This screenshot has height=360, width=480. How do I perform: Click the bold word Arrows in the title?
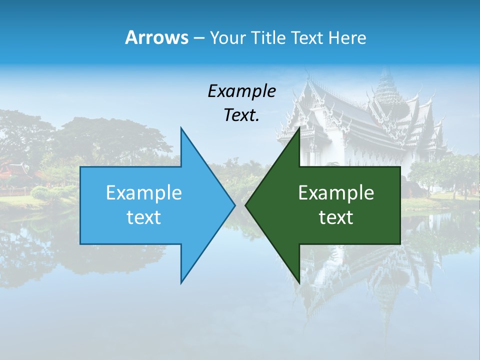pyautogui.click(x=156, y=37)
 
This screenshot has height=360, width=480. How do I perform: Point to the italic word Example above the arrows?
pyautogui.click(x=241, y=91)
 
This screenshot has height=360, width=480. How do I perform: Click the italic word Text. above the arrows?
pyautogui.click(x=241, y=115)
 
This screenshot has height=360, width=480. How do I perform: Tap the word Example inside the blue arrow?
pyautogui.click(x=144, y=193)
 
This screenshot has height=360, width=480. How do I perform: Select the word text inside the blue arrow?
pyautogui.click(x=144, y=217)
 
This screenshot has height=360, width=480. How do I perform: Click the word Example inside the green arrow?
pyautogui.click(x=336, y=193)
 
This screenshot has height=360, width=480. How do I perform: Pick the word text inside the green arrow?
pyautogui.click(x=336, y=217)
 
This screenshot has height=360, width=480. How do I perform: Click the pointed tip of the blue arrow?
pyautogui.click(x=234, y=205)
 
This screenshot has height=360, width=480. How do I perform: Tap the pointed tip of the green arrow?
pyautogui.click(x=245, y=205)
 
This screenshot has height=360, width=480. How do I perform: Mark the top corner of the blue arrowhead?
pyautogui.click(x=181, y=128)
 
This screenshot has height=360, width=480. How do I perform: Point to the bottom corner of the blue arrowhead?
pyautogui.click(x=181, y=282)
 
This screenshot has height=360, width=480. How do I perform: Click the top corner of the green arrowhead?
pyautogui.click(x=299, y=128)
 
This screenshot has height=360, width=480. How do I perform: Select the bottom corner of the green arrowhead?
pyautogui.click(x=299, y=282)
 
